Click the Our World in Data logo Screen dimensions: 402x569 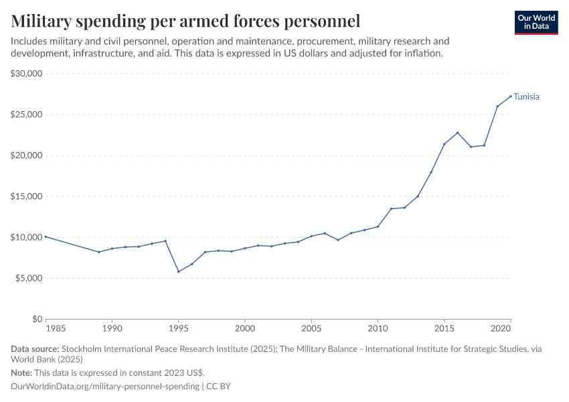coord(536,22)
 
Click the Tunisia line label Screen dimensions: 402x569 coord(526,96)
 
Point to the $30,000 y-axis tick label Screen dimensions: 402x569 coord(27,74)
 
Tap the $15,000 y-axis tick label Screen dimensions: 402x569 coord(27,196)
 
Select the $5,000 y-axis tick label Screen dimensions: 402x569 coord(29,278)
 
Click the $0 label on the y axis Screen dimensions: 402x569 coord(37,320)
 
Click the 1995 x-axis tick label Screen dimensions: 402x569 coord(178,329)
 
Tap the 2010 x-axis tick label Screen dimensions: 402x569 coord(378,329)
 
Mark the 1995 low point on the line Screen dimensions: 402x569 coord(178,271)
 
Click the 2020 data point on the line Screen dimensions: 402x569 coord(511,96)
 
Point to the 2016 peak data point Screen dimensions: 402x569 coord(457,133)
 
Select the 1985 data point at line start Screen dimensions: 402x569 coord(46,237)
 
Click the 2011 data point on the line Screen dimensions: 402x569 coord(391,208)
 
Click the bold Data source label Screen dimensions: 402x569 coord(35,349)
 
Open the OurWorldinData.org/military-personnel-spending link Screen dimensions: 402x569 coord(106,387)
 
